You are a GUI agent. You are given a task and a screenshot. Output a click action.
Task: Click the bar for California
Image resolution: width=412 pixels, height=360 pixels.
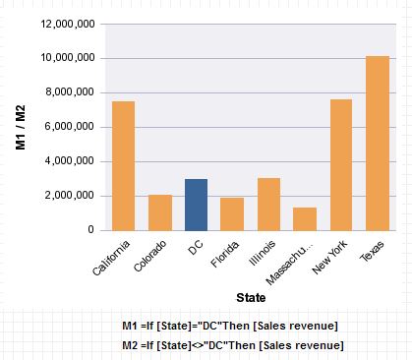click(124, 165)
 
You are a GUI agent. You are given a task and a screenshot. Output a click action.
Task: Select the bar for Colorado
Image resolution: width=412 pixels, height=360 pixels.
click(160, 212)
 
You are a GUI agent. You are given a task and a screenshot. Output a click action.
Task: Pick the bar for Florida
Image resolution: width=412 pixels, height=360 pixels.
click(233, 213)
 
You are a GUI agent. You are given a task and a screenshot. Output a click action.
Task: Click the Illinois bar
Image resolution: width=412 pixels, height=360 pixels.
click(268, 204)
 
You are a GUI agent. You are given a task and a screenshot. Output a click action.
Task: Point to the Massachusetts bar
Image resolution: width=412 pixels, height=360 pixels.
click(305, 218)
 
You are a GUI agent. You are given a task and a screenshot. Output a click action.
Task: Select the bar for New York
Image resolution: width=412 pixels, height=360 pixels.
click(341, 164)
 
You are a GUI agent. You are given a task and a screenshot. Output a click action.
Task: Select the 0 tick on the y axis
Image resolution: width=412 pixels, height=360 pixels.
click(89, 230)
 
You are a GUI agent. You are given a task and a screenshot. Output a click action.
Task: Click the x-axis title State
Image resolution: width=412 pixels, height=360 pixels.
click(251, 296)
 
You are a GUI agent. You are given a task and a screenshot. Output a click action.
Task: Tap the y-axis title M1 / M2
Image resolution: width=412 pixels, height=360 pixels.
click(21, 128)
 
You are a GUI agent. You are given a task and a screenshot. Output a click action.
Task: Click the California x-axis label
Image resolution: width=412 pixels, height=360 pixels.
click(110, 256)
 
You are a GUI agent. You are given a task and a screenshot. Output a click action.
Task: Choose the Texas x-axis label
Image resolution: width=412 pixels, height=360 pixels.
click(371, 249)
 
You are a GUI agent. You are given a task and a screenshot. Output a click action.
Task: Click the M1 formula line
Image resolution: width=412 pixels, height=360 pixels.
click(231, 326)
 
